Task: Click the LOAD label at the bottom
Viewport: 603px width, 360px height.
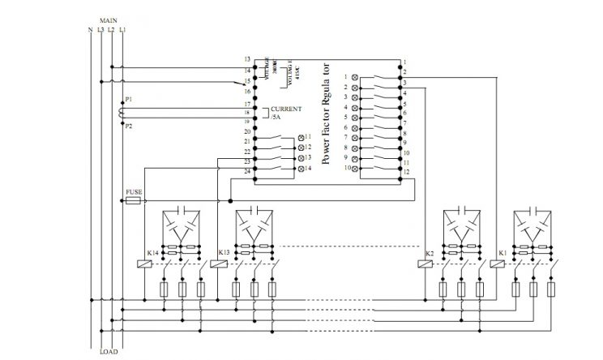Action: [109, 352]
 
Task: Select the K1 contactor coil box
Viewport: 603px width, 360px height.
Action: [493, 264]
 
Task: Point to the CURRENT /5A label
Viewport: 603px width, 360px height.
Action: [284, 113]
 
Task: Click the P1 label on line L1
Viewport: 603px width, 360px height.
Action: [128, 99]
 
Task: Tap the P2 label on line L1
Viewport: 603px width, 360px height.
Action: [128, 126]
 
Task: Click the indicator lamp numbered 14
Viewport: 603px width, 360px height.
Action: [302, 168]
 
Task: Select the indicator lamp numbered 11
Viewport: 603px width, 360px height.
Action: [302, 137]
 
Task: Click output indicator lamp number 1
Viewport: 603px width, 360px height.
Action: [354, 76]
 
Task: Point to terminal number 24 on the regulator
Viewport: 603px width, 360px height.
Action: [246, 171]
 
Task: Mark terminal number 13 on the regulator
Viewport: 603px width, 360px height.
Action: [246, 60]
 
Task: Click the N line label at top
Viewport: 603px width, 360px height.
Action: [89, 30]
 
